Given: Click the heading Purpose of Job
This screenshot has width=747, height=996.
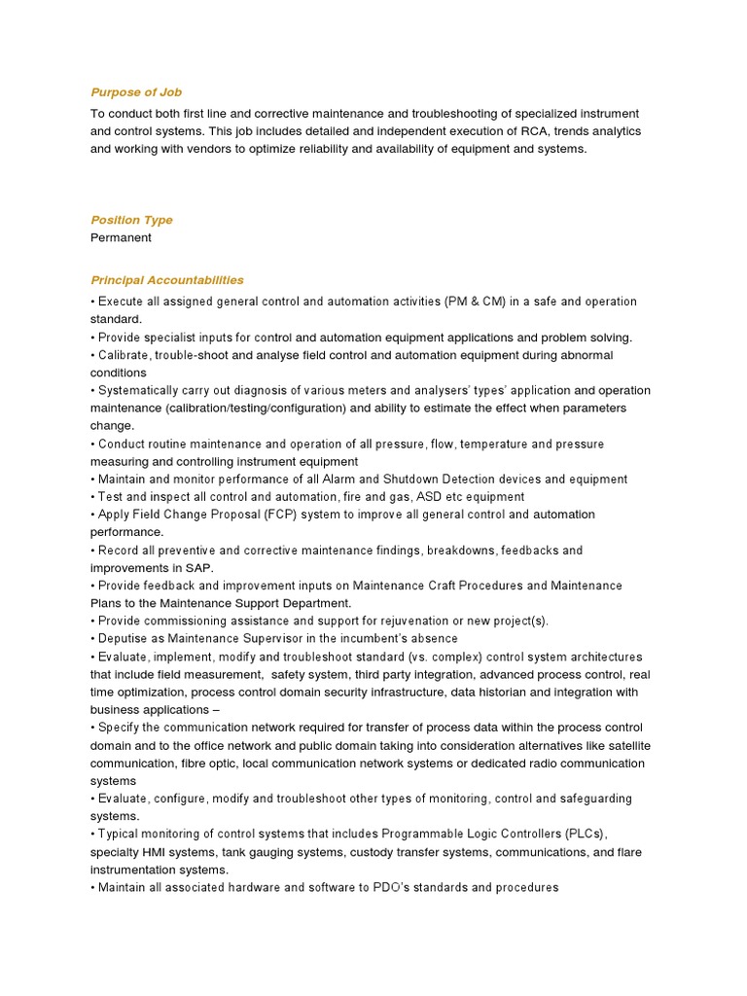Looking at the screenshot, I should (136, 92).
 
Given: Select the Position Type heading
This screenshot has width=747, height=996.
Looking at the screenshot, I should (131, 220).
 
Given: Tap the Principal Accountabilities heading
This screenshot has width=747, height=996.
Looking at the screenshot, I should (167, 280).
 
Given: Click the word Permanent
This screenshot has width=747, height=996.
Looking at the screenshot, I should (121, 237).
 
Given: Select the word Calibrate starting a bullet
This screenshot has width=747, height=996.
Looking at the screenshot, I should (124, 355).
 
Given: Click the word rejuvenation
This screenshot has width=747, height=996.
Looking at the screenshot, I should (413, 621).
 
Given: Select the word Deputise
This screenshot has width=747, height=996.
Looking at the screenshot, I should (125, 639).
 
